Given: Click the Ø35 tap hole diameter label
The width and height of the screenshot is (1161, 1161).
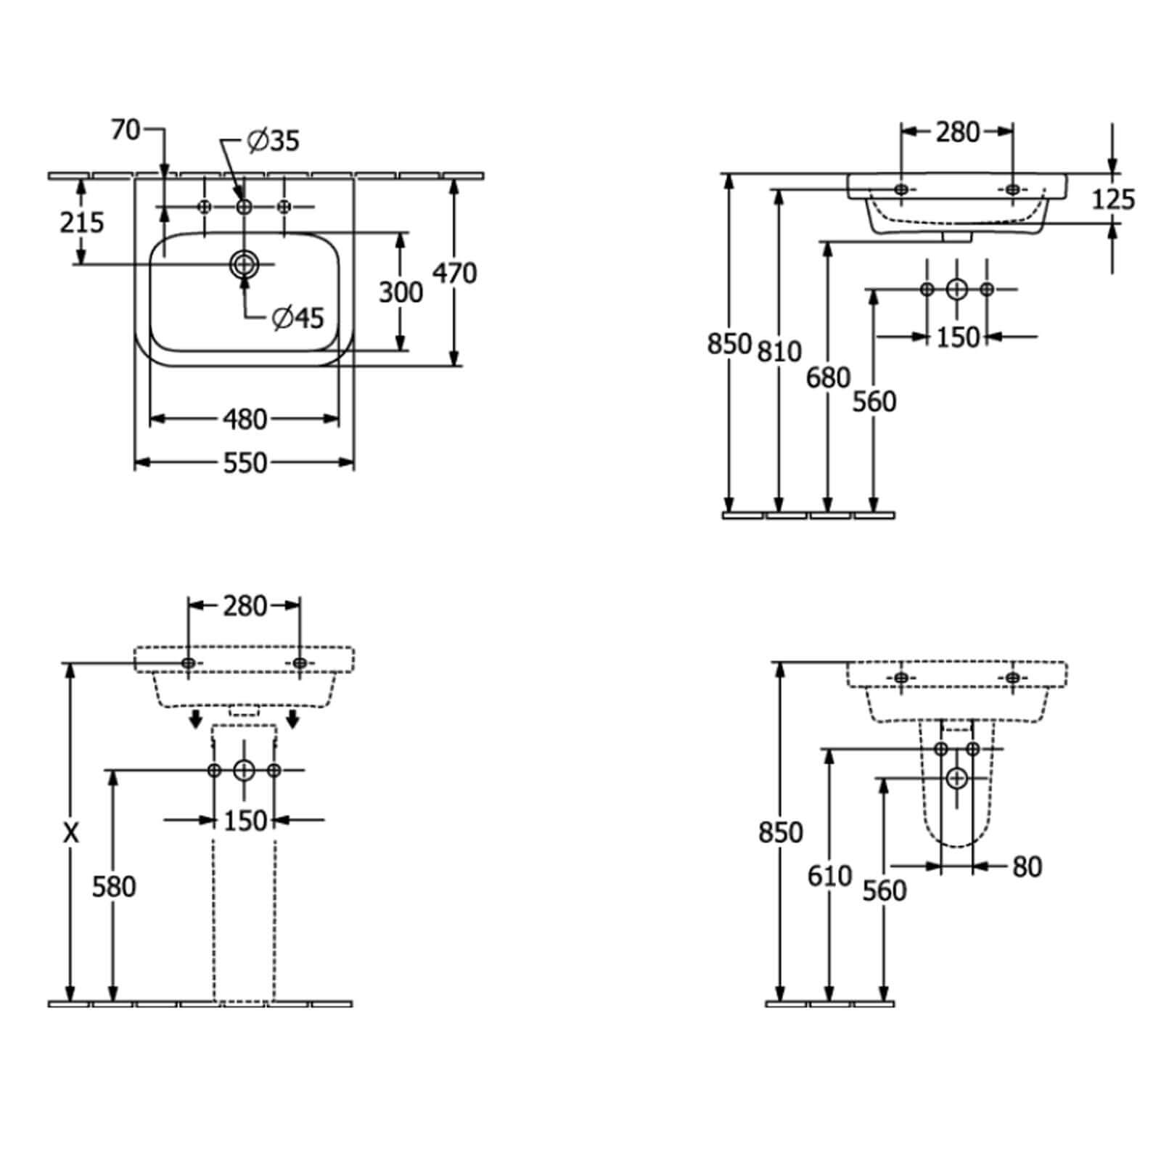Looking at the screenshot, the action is [x=273, y=140].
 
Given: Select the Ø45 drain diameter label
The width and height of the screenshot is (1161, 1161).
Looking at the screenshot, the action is [x=298, y=317].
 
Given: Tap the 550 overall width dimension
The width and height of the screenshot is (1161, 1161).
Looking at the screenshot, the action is [x=245, y=463].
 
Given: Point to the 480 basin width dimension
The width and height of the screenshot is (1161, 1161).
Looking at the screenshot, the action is [x=245, y=419].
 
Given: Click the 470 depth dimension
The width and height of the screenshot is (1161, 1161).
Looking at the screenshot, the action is [x=455, y=273].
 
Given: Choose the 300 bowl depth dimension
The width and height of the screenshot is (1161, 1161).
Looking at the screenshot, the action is [x=401, y=292].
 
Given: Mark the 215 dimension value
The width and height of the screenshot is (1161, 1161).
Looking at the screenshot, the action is [x=82, y=222].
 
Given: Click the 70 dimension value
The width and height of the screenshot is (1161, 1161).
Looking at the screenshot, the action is [x=126, y=130].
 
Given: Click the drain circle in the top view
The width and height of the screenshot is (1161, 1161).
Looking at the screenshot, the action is [x=245, y=264].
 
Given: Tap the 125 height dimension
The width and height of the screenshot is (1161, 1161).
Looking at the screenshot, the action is [x=1113, y=199].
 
